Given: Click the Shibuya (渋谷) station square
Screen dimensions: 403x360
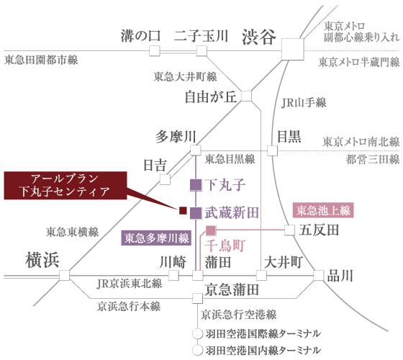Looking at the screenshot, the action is click(x=293, y=50).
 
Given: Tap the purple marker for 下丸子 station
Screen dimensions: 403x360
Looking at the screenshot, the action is click(x=196, y=185).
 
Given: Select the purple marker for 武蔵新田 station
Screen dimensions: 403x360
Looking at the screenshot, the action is click(x=196, y=213).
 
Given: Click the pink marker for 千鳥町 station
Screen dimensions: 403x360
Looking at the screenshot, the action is click(x=211, y=230).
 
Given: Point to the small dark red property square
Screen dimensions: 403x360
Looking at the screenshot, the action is click(x=183, y=210).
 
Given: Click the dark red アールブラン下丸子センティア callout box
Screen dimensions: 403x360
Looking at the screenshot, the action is click(x=65, y=186).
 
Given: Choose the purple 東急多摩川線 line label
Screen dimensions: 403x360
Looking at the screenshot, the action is click(x=156, y=238).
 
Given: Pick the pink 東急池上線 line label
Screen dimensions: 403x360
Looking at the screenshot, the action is click(x=323, y=210).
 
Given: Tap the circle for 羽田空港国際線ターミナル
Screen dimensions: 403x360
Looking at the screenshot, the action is click(x=198, y=334).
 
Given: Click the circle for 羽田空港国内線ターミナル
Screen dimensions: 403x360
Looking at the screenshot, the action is click(x=198, y=350).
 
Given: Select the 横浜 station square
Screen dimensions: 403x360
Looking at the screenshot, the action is click(x=64, y=275).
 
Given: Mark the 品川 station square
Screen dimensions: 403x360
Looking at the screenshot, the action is click(x=319, y=275).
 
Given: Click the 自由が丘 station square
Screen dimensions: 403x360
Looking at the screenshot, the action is click(x=246, y=96).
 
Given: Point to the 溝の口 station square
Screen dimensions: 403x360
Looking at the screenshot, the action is click(x=155, y=51).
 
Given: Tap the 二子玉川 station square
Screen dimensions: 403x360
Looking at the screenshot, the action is click(x=201, y=51).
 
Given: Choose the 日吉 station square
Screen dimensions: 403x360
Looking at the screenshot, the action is click(x=165, y=179).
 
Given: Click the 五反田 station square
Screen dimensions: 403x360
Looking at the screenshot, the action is click(x=289, y=230).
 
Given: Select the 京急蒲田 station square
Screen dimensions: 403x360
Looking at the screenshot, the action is click(x=197, y=299).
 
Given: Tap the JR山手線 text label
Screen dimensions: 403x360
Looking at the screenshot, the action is click(x=304, y=102).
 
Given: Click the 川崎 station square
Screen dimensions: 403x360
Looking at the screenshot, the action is click(x=173, y=275).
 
